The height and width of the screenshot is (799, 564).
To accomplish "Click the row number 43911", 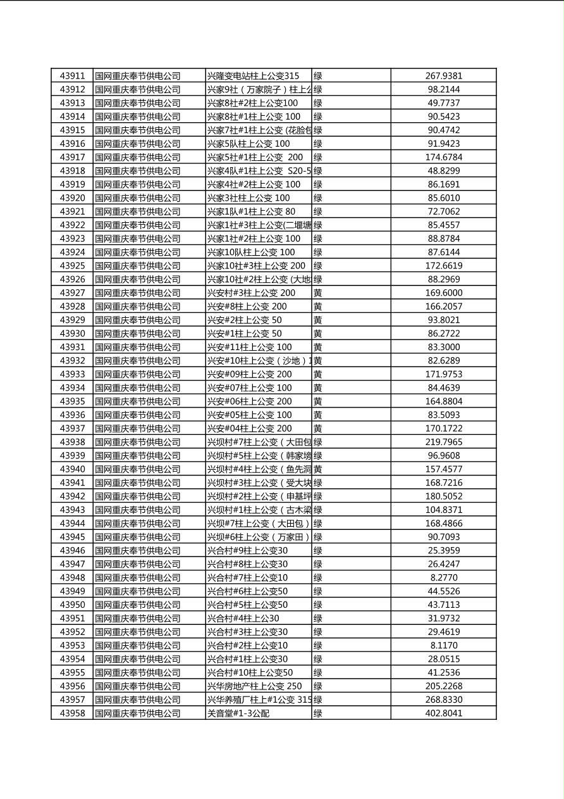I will pyautogui.click(x=72, y=76).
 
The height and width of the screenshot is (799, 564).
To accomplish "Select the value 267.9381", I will pyautogui.click(x=443, y=76).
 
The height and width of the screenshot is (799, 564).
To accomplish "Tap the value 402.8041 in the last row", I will pyautogui.click(x=443, y=714).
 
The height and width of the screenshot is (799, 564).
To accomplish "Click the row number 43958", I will pyautogui.click(x=72, y=714).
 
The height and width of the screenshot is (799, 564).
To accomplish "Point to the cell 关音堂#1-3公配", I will pyautogui.click(x=238, y=714).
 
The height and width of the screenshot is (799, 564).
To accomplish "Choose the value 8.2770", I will pyautogui.click(x=443, y=578).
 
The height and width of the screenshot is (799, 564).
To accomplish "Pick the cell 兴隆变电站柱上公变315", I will pyautogui.click(x=254, y=76).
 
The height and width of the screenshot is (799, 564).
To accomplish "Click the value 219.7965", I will pyautogui.click(x=443, y=443).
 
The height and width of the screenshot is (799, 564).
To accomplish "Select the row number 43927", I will pyautogui.click(x=72, y=293).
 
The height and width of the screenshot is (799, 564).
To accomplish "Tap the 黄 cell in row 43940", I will pyautogui.click(x=318, y=469).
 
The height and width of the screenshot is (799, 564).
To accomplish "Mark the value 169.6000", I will pyautogui.click(x=443, y=293).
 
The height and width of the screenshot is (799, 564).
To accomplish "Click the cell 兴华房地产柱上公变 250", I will pyautogui.click(x=255, y=686).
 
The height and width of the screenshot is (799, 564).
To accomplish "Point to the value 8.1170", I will pyautogui.click(x=443, y=646).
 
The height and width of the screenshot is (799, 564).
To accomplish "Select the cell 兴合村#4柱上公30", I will pyautogui.click(x=243, y=619).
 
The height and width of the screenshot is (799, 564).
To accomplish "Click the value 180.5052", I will pyautogui.click(x=443, y=496).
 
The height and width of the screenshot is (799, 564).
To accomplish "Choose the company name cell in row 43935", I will pyautogui.click(x=138, y=401).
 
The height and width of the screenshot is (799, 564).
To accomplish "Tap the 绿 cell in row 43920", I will pyautogui.click(x=318, y=198).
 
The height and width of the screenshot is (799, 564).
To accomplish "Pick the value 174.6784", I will pyautogui.click(x=443, y=157).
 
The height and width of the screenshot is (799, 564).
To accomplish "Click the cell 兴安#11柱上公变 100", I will pyautogui.click(x=250, y=347).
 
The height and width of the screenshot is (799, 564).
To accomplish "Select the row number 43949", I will pyautogui.click(x=72, y=591).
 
